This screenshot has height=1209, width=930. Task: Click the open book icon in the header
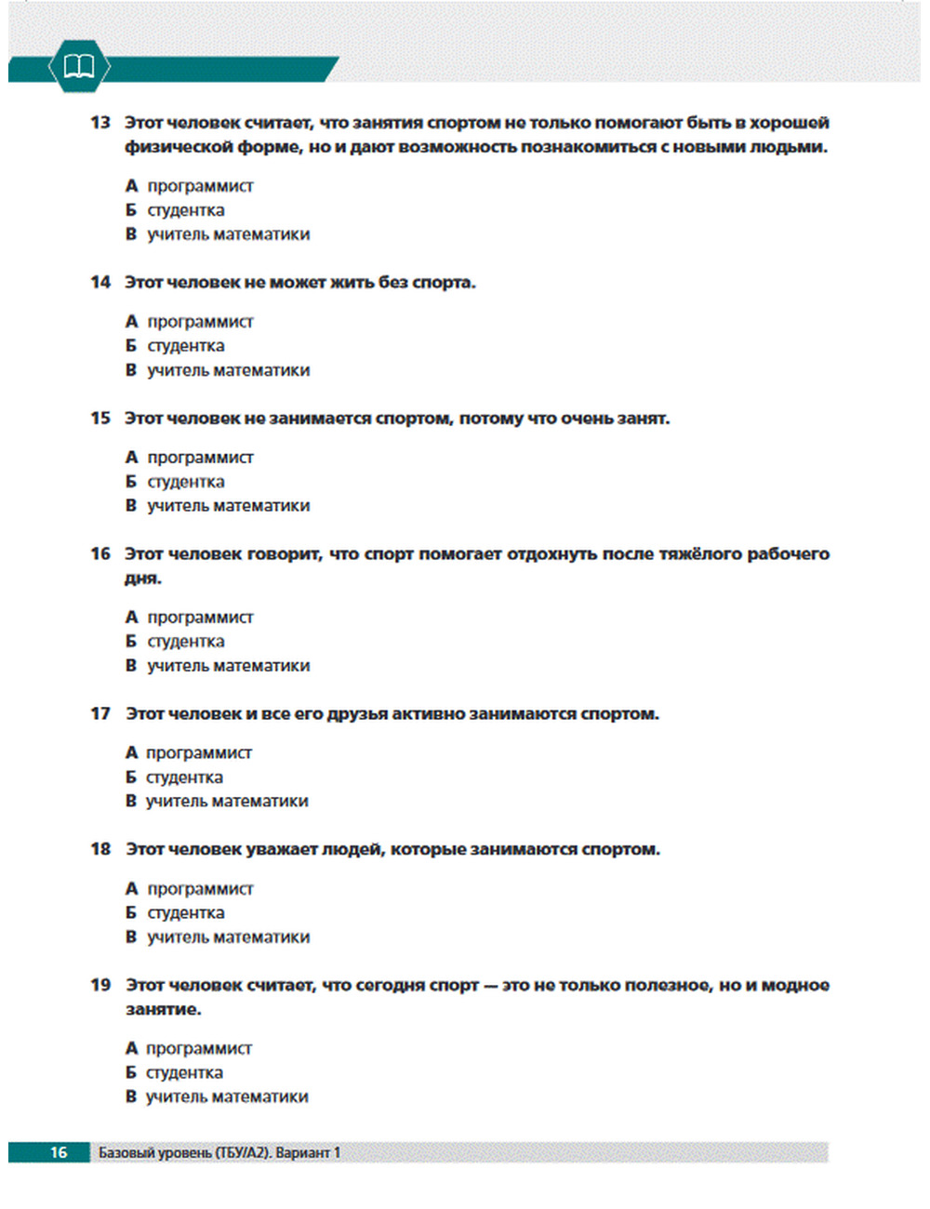(x=78, y=66)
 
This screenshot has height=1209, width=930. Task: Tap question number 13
(x=100, y=122)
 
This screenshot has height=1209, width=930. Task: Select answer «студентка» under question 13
(x=186, y=210)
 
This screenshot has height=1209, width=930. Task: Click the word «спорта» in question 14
(x=443, y=282)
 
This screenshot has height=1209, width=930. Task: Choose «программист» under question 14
(x=200, y=322)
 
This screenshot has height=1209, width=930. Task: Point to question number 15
(x=100, y=418)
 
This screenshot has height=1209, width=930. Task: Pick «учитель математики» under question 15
(x=228, y=506)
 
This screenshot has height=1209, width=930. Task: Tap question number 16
(x=100, y=553)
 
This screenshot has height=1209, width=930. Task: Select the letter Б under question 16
(x=131, y=642)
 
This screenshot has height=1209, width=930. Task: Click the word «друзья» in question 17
(x=356, y=714)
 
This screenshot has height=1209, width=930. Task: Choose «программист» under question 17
(x=199, y=752)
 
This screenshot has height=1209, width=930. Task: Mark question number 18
(x=100, y=849)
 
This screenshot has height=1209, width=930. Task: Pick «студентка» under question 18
(x=186, y=913)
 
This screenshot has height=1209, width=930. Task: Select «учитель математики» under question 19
(x=227, y=1097)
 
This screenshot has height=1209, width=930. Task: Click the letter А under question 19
(x=131, y=1048)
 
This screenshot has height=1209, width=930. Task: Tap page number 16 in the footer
(x=59, y=1152)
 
